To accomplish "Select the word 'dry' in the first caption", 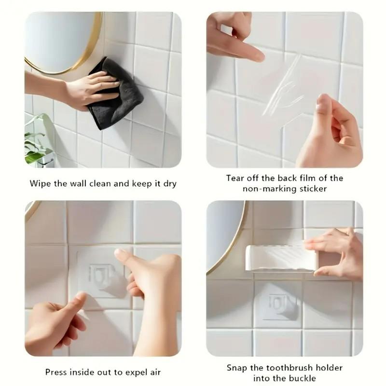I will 169,183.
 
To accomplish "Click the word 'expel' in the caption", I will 135,372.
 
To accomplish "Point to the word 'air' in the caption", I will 154,372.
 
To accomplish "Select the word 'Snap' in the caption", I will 237,367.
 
